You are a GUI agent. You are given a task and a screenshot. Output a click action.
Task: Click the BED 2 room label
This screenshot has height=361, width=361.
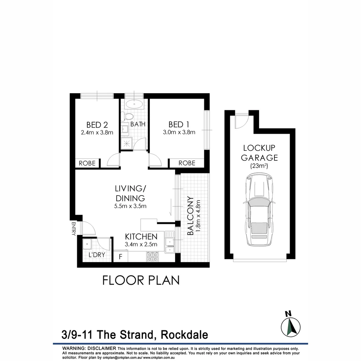click(97, 125)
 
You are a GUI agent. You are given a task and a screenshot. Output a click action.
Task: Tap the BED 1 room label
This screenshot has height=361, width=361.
click(178, 125)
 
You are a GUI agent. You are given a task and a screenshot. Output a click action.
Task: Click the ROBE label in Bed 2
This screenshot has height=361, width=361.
click(87, 163)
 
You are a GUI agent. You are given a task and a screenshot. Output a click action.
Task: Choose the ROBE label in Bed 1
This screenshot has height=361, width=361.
click(187, 163)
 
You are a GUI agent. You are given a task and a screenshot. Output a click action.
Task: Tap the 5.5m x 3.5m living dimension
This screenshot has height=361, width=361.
click(130, 206)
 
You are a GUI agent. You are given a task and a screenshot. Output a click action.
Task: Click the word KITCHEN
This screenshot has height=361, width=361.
click(141, 237)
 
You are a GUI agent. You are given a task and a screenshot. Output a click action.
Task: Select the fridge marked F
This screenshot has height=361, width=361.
click(120, 257)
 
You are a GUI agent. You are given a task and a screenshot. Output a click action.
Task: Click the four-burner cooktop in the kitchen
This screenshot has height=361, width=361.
click(152, 257)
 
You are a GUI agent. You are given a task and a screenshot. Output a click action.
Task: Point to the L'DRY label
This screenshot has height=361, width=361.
click(97, 255)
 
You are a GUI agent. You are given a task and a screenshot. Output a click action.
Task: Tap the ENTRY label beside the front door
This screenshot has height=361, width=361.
click(74, 229)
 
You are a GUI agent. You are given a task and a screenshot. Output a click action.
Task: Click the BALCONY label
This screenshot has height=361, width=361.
click(191, 216)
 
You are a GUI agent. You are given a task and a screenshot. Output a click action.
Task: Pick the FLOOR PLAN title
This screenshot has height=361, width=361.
click(141, 280)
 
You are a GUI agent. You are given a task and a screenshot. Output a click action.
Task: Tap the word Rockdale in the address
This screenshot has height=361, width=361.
click(185, 335)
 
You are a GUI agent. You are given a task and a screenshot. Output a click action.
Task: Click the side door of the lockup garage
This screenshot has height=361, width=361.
click(241, 121)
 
